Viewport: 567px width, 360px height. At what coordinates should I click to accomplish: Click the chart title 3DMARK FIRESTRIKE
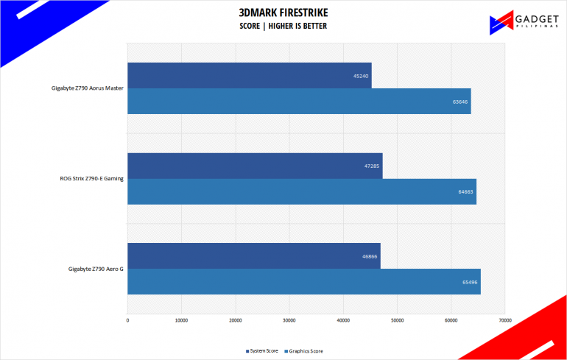(x=283, y=13)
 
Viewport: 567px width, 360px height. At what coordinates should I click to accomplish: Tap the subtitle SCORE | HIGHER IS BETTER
(x=283, y=27)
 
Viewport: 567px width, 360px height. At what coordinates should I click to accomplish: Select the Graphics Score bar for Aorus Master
(x=299, y=102)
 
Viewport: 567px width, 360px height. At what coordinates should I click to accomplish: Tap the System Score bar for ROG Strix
(x=255, y=166)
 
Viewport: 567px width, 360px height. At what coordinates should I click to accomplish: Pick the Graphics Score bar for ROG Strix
(x=302, y=191)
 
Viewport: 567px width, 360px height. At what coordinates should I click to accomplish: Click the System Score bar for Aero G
(x=254, y=255)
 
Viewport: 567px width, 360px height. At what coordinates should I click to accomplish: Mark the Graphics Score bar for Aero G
(x=304, y=281)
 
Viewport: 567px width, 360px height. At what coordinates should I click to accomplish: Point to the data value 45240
(x=361, y=76)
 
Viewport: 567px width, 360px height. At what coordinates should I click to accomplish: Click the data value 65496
(x=469, y=282)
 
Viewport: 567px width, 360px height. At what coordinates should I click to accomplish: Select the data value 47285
(x=372, y=166)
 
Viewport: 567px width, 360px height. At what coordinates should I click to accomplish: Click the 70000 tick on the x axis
(x=504, y=320)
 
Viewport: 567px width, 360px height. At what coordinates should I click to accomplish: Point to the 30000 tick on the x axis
(x=289, y=320)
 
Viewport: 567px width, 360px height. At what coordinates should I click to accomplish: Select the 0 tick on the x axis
(x=127, y=320)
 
